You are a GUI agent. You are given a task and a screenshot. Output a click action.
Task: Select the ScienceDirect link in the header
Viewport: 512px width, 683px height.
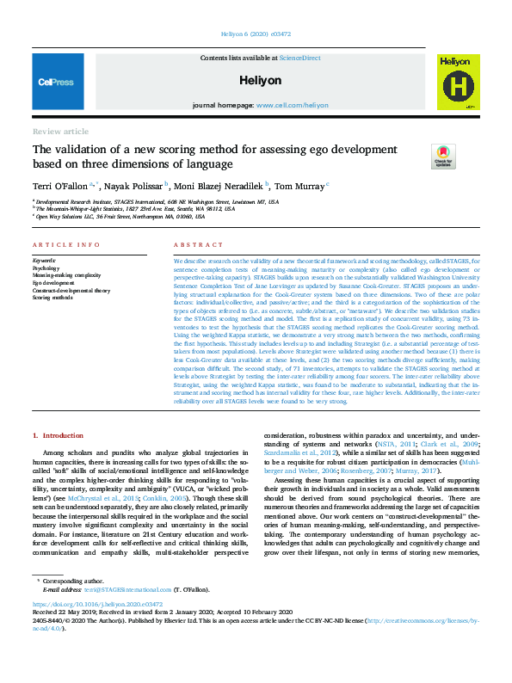pyautogui.click(x=299, y=57)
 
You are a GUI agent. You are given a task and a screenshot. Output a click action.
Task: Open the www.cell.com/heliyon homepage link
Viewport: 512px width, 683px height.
pyautogui.click(x=292, y=105)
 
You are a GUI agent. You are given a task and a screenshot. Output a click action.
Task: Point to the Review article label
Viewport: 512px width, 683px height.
pyautogui.click(x=60, y=132)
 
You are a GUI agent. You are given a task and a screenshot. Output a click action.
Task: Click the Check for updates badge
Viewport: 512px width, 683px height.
pyautogui.click(x=442, y=157)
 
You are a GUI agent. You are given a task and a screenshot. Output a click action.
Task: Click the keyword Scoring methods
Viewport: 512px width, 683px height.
pyautogui.click(x=53, y=297)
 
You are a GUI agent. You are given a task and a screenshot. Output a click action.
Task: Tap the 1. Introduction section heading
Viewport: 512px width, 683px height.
pyautogui.click(x=59, y=436)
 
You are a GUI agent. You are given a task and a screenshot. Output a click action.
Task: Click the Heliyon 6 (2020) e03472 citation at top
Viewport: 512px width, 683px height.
pyautogui.click(x=256, y=37)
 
